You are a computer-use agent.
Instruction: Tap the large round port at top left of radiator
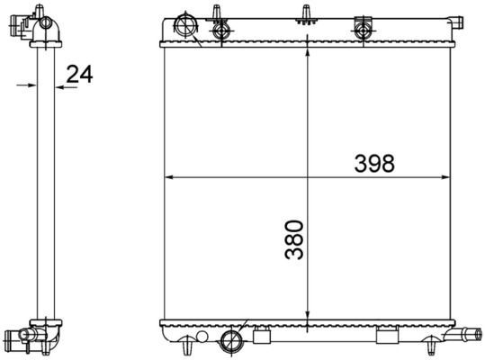(186, 23)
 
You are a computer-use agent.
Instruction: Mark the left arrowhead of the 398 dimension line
(168, 176)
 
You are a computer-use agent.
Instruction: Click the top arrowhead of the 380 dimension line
(309, 49)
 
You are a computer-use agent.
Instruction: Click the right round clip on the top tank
(364, 29)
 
